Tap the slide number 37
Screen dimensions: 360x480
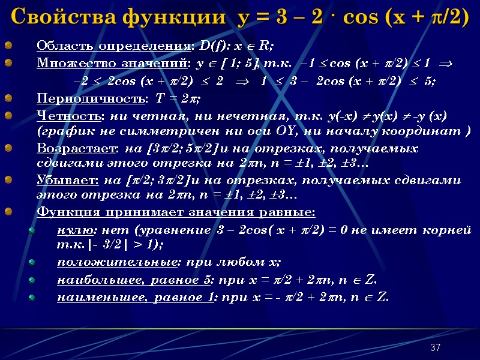[x=436, y=348]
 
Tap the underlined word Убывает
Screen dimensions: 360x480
[x=60, y=180]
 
